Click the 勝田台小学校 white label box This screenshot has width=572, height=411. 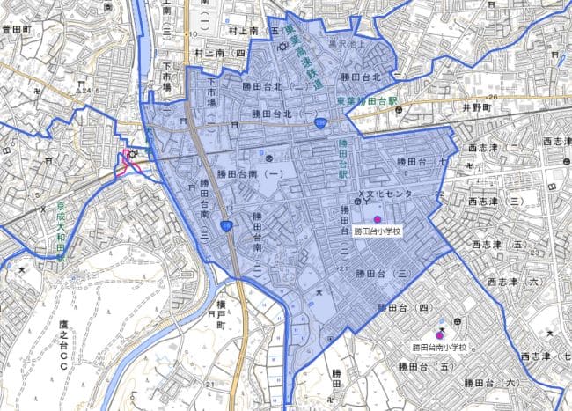click(x=378, y=232)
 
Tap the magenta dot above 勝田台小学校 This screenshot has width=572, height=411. click(x=378, y=219)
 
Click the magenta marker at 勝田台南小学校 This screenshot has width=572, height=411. click(x=439, y=334)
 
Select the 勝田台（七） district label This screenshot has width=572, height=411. click(x=423, y=162)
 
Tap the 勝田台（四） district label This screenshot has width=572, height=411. click(x=401, y=308)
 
